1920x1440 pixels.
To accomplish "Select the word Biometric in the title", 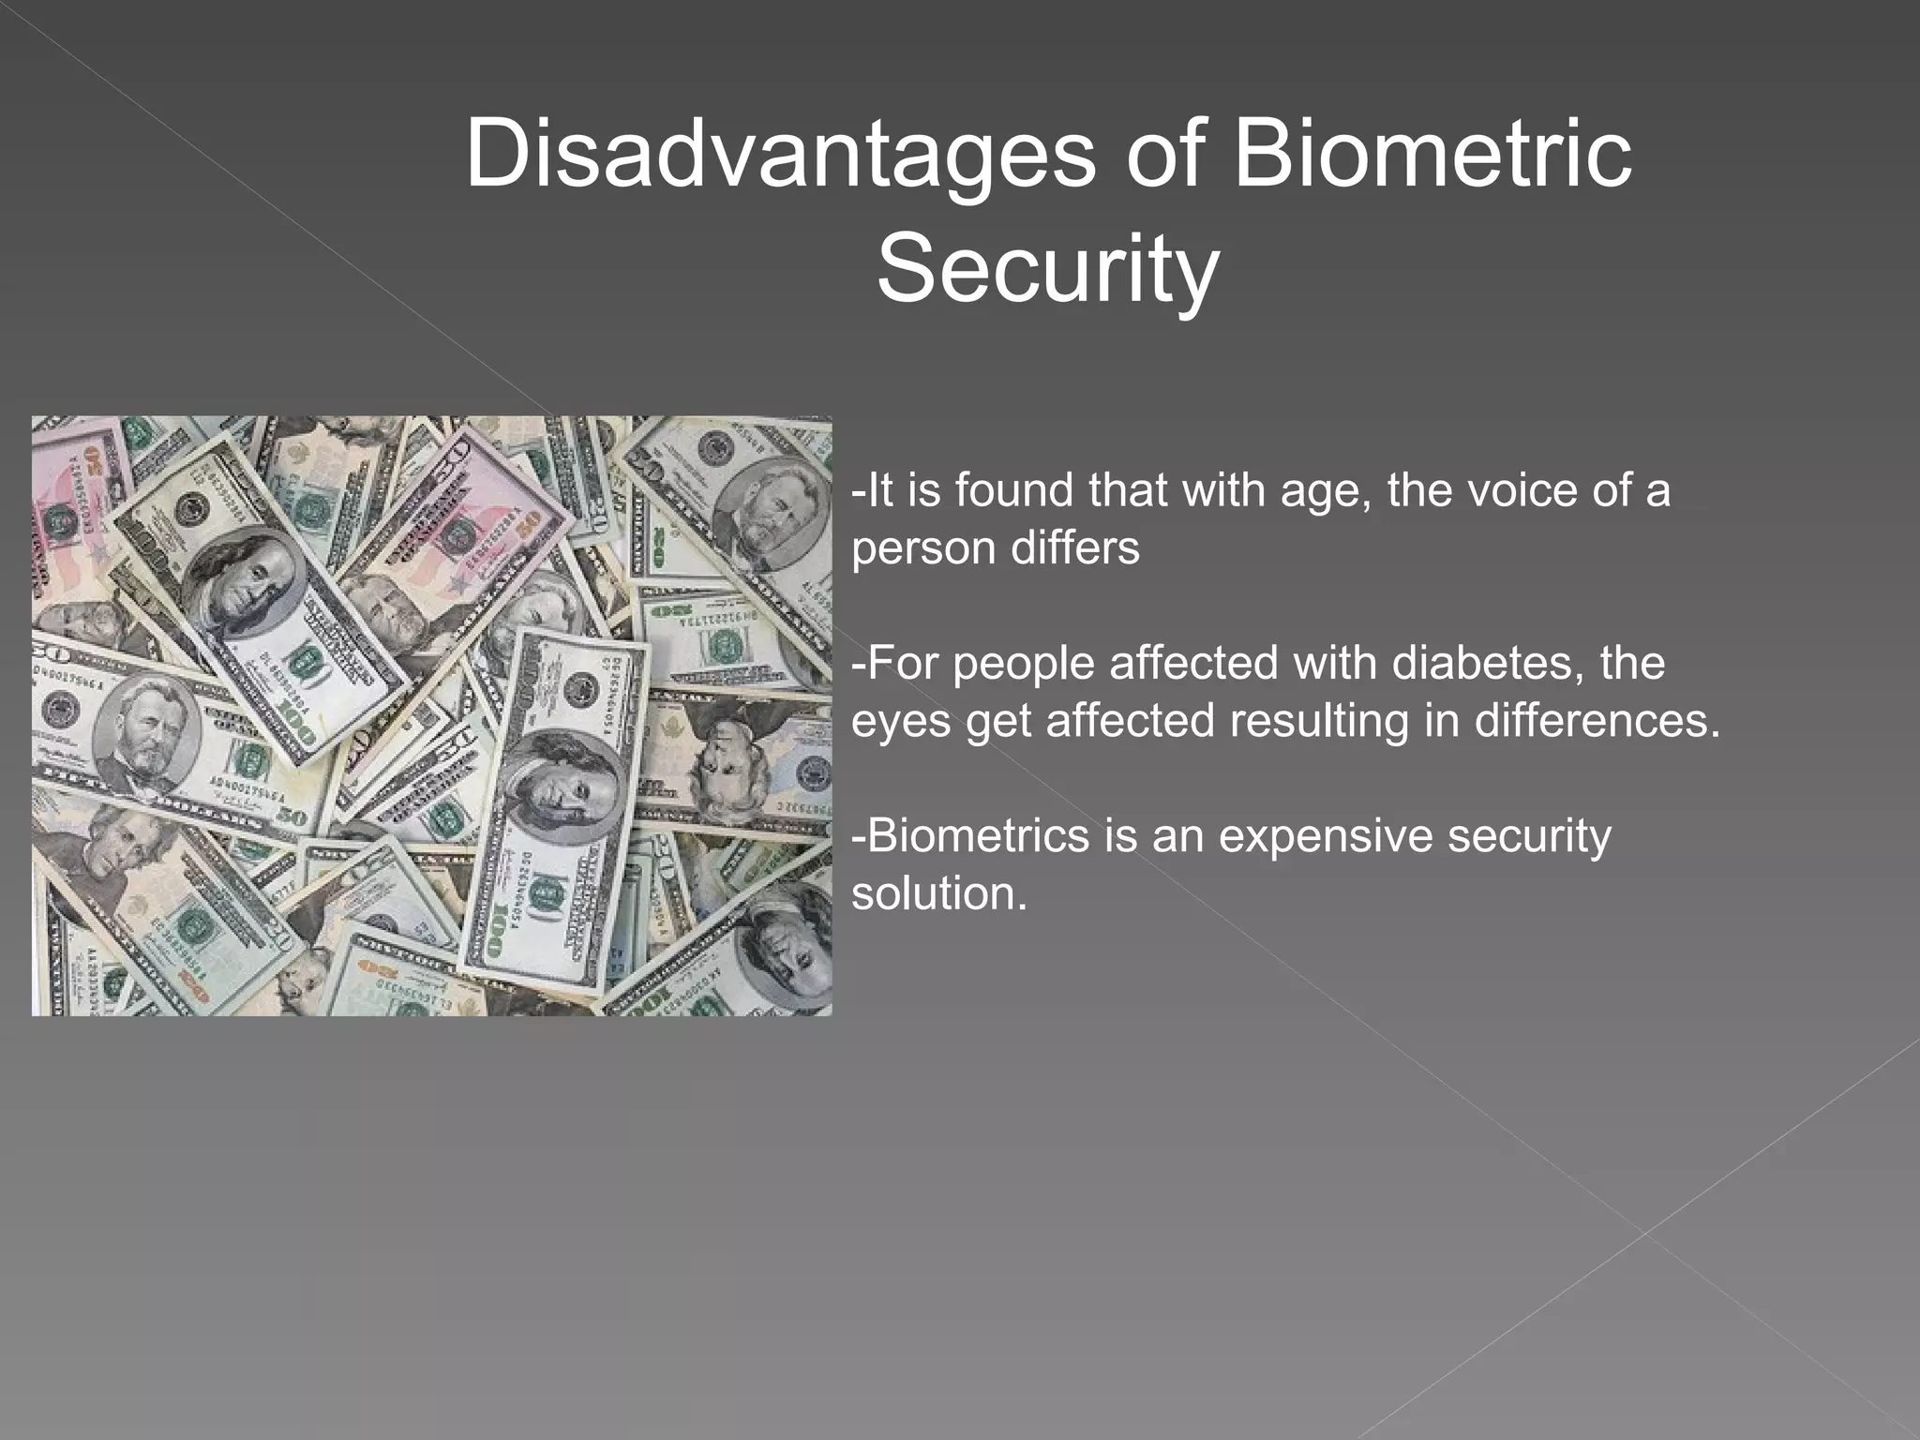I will point(1432,153).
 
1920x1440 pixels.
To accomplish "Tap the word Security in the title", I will point(1047,269).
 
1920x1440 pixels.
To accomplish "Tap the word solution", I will point(939,892).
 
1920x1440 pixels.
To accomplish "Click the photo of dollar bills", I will point(431,715).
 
